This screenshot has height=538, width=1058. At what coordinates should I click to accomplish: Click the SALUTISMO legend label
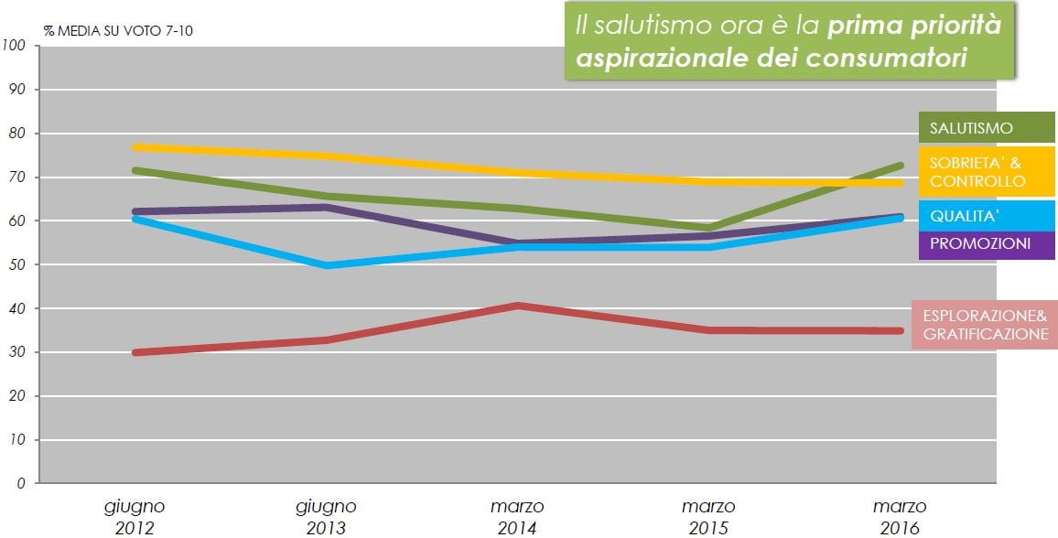pyautogui.click(x=986, y=127)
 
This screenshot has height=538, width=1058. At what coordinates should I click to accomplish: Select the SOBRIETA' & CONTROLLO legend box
pyautogui.click(x=986, y=172)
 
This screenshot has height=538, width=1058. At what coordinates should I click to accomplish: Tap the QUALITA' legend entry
pyautogui.click(x=986, y=216)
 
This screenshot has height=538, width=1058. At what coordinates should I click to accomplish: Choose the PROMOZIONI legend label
pyautogui.click(x=986, y=244)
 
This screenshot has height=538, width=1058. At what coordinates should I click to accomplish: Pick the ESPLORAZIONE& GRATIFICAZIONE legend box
pyautogui.click(x=985, y=325)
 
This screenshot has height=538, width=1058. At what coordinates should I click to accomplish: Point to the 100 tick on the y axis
pyautogui.click(x=14, y=45)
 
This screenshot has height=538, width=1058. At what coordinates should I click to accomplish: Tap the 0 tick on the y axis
pyautogui.click(x=21, y=483)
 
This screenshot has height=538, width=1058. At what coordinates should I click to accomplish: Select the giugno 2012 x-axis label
pyautogui.click(x=135, y=516)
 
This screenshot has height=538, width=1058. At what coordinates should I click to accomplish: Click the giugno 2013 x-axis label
pyautogui.click(x=326, y=516)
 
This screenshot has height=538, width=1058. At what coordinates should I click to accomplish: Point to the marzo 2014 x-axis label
pyautogui.click(x=517, y=516)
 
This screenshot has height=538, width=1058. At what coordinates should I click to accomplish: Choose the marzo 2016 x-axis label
pyautogui.click(x=900, y=516)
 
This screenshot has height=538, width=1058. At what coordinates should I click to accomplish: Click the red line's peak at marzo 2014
pyautogui.click(x=517, y=306)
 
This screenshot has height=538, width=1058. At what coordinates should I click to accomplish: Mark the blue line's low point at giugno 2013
pyautogui.click(x=328, y=265)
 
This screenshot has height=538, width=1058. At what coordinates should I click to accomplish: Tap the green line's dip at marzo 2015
pyautogui.click(x=707, y=229)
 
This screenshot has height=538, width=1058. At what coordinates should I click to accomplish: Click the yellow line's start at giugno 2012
pyautogui.click(x=135, y=147)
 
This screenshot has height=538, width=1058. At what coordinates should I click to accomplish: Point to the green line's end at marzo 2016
pyautogui.click(x=900, y=166)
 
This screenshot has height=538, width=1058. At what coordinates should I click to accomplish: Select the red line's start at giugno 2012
pyautogui.click(x=135, y=352)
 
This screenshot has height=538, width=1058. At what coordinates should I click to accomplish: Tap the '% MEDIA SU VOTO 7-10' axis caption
pyautogui.click(x=119, y=31)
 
